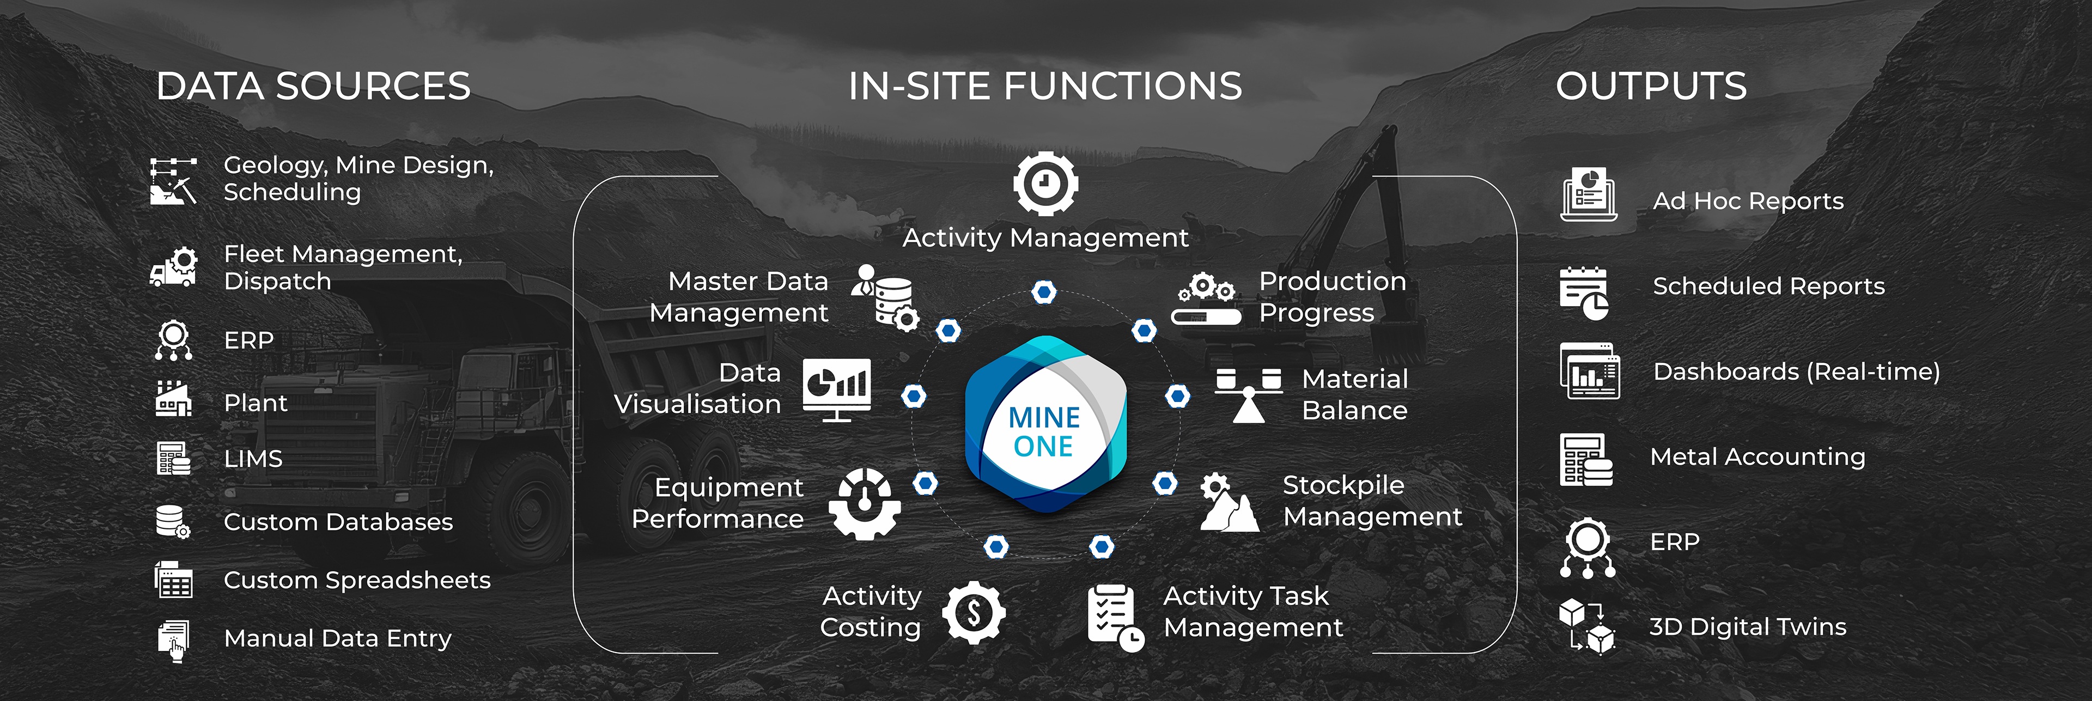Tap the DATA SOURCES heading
click(313, 86)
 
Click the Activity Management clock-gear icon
click(1045, 183)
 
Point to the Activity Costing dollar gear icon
click(974, 612)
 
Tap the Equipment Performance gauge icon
click(864, 504)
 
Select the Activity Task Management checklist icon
click(1114, 617)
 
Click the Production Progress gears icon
click(1206, 299)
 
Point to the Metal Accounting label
click(1757, 456)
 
